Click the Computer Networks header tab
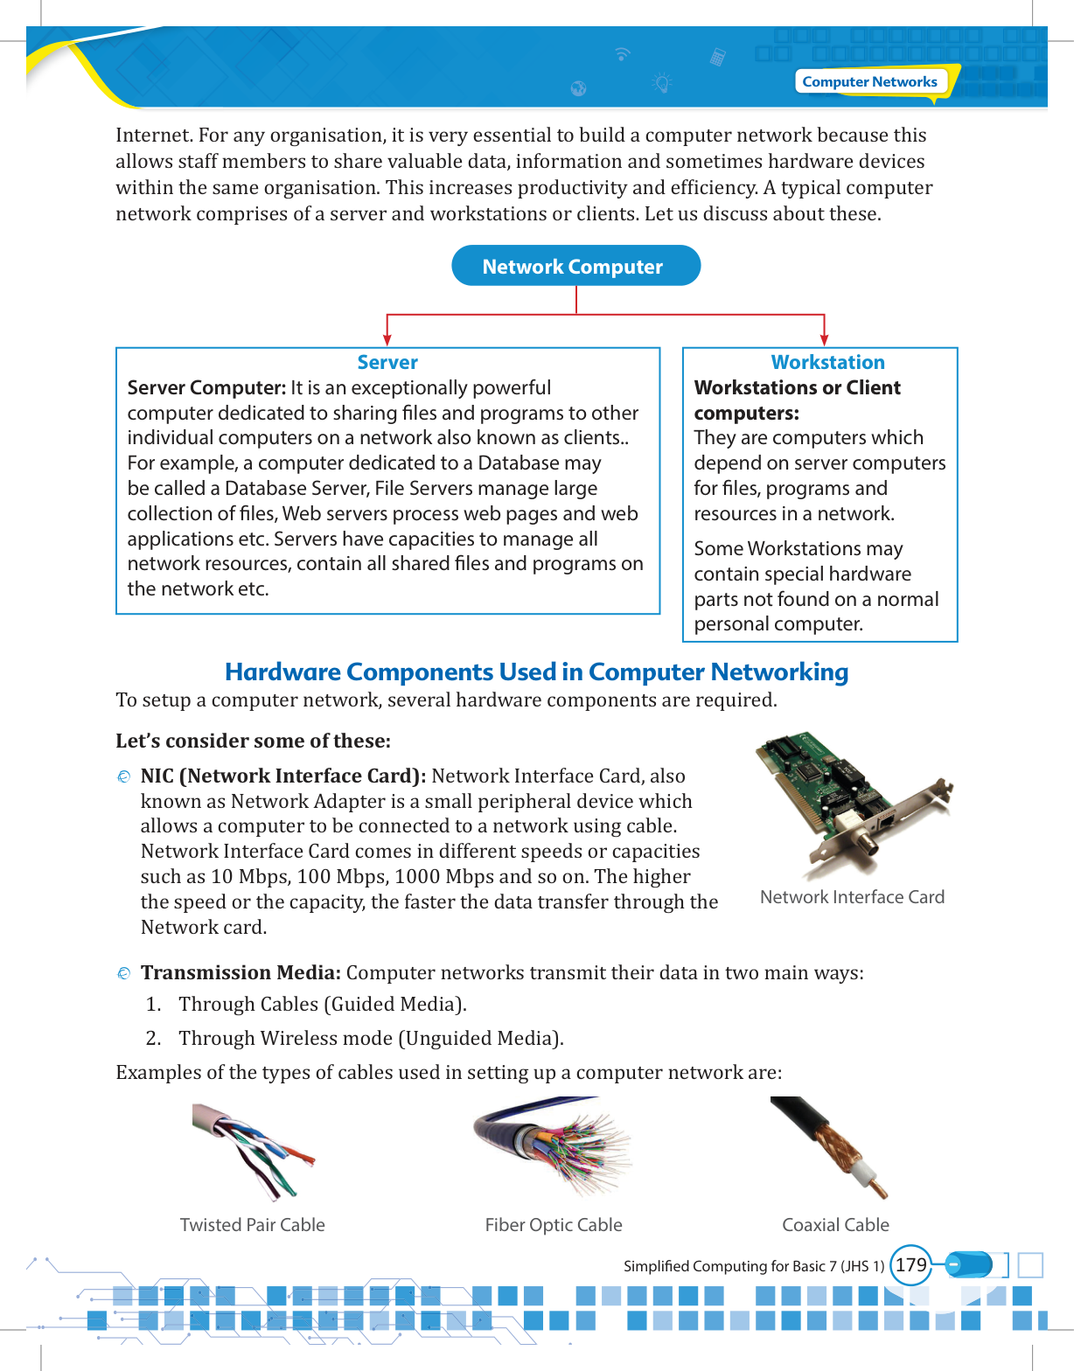869,81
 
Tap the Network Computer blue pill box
575,266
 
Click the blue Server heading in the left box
387,362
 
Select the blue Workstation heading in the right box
827,362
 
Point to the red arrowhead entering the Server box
387,339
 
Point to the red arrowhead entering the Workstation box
824,339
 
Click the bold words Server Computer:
206,387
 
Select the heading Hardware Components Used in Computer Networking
536,672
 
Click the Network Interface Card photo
853,804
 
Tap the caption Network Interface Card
852,897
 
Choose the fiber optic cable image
553,1145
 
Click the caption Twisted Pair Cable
252,1225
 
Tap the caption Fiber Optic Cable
554,1225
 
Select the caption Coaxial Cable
835,1225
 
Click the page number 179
910,1265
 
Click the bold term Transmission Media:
241,973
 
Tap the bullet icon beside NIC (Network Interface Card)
124,776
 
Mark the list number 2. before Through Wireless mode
154,1038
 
